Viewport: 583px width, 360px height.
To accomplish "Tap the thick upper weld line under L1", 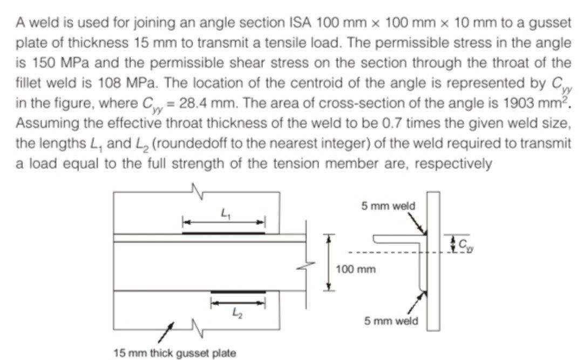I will coord(223,233).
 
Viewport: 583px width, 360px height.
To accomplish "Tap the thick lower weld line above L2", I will coord(238,291).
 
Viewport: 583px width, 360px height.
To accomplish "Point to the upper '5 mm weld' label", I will coord(388,206).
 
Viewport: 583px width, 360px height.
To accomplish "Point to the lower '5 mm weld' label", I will coord(391,321).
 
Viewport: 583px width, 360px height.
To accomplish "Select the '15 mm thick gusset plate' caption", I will coord(175,354).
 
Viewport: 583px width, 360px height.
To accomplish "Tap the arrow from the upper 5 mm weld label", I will coord(416,223).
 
